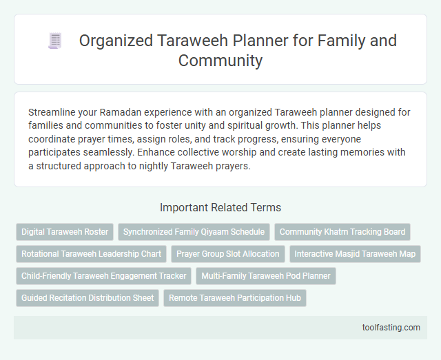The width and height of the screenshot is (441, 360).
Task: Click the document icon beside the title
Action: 54,41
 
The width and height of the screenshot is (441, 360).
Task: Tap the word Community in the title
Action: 220,61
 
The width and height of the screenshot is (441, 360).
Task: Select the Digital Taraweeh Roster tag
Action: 65,232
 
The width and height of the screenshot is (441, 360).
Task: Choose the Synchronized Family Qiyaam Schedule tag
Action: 194,232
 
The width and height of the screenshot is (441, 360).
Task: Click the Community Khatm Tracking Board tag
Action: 342,232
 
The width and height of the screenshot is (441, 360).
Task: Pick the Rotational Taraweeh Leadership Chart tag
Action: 91,254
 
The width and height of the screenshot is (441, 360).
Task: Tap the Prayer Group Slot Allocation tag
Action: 228,254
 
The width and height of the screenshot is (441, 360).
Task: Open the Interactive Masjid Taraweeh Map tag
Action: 355,254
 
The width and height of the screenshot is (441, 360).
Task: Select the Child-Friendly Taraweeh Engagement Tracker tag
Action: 103,276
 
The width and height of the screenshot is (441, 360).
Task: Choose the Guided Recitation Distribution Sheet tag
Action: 87,298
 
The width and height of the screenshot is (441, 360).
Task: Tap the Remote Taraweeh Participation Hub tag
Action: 235,298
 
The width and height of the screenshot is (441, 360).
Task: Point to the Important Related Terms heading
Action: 220,207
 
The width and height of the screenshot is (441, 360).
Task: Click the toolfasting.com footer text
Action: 391,327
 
